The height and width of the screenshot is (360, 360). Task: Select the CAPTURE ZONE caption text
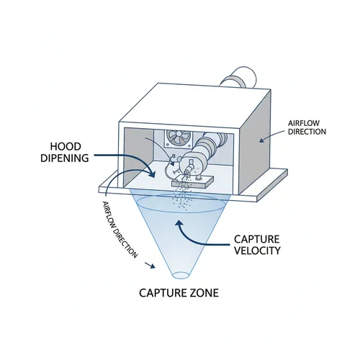tap(179, 293)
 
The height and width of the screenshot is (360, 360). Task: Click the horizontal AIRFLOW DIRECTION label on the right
tap(307, 127)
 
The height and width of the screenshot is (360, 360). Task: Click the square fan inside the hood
tap(176, 138)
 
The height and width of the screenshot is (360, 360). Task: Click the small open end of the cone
tap(181, 274)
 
